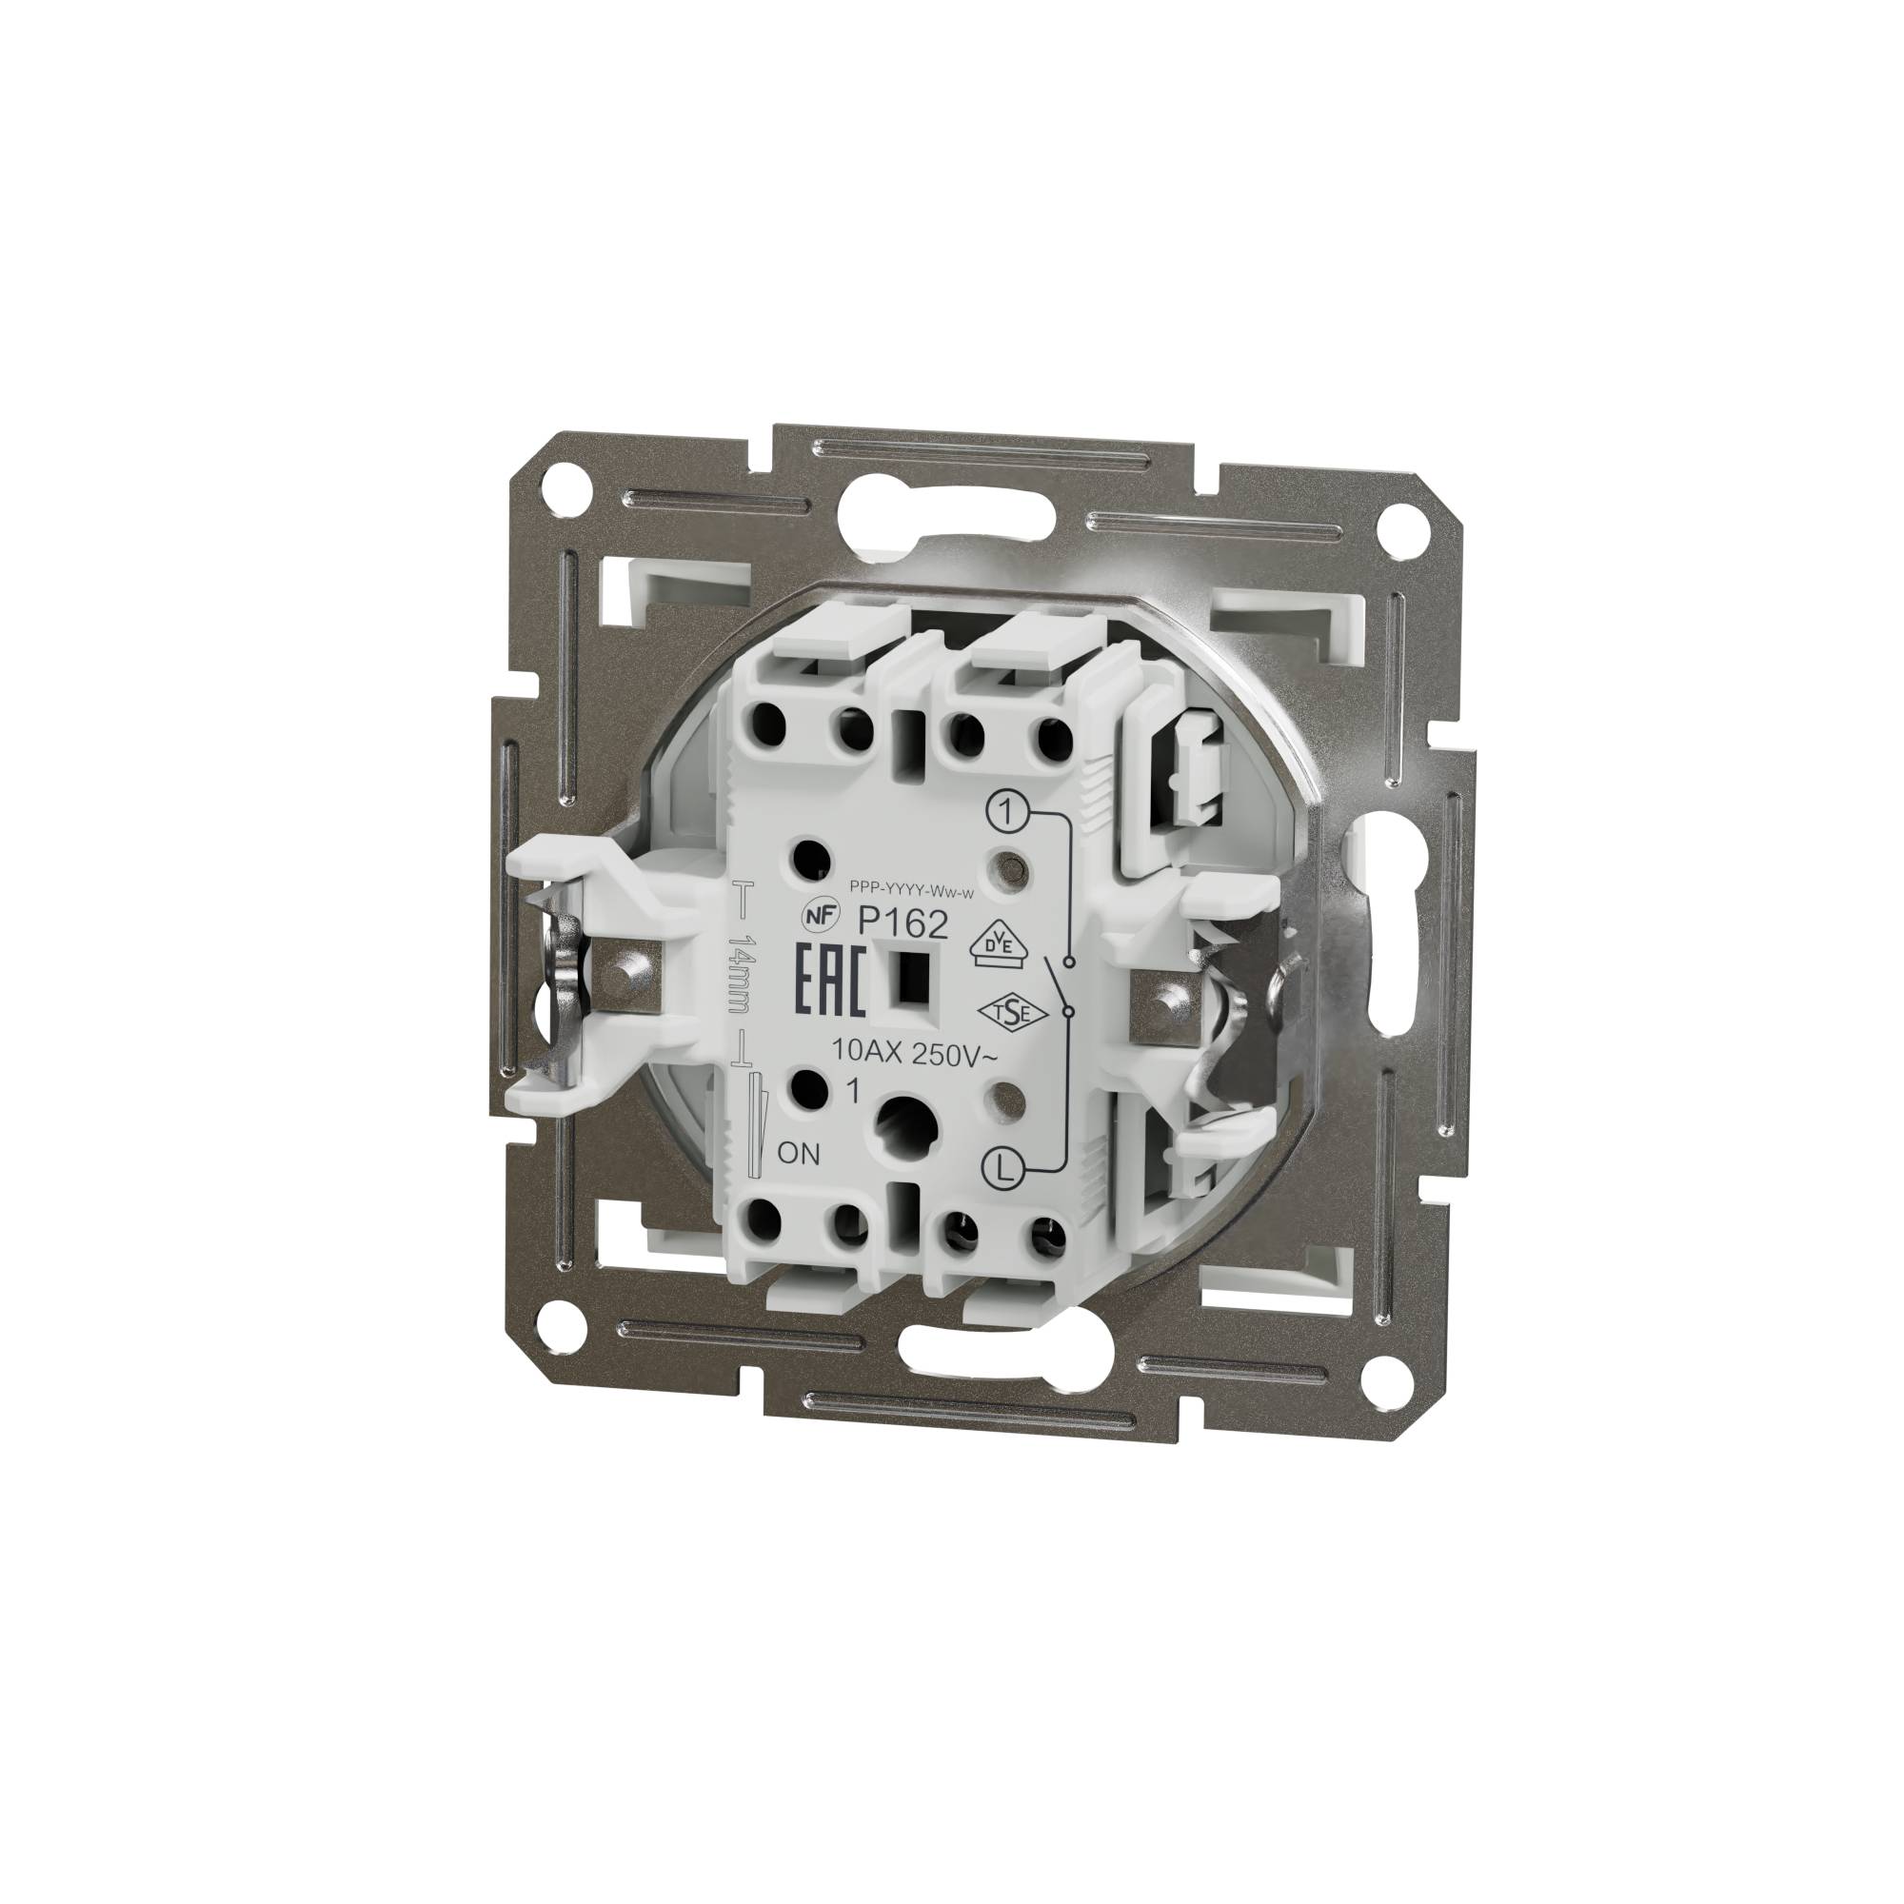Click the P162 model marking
coord(902,923)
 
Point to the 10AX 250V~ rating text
coord(914,1054)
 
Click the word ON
coord(799,1154)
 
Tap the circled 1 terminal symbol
coord(1004,812)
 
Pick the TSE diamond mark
coord(1001,1013)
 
